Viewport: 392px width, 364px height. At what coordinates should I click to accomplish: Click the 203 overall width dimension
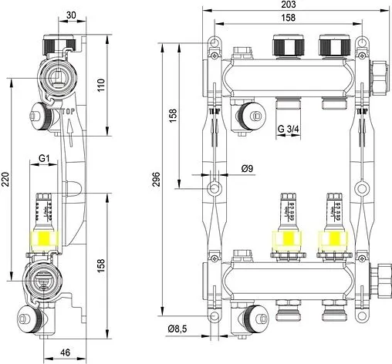tap(289, 5)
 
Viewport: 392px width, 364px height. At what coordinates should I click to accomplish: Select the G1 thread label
tap(44, 159)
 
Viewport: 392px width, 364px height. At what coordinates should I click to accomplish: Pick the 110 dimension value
tap(100, 85)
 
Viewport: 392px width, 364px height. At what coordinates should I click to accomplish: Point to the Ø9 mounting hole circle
tap(215, 187)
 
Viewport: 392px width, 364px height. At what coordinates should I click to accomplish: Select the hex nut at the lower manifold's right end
tap(379, 277)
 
